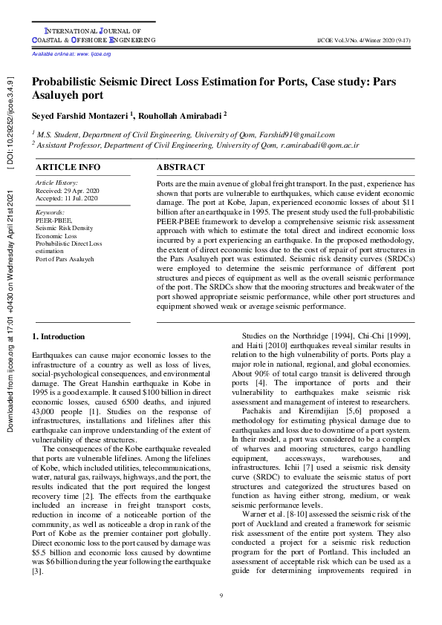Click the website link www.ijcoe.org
[94, 54]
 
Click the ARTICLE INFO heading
[68, 168]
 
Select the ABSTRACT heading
[181, 168]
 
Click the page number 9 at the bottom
[221, 597]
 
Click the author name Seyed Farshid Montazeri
[81, 116]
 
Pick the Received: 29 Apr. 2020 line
[67, 191]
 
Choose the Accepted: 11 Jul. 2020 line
[67, 198]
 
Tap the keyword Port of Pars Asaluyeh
[65, 259]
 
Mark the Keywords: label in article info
[51, 212]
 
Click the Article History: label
[56, 183]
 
